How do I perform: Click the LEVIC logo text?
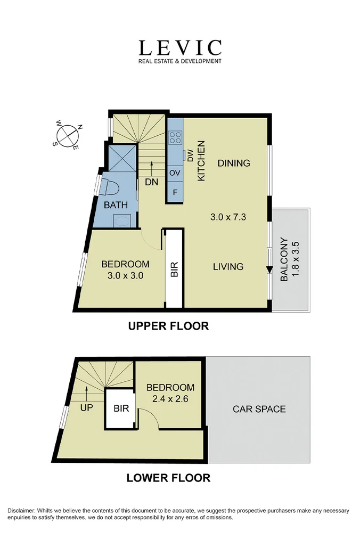pos(180,48)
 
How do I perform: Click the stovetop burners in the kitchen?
pos(175,137)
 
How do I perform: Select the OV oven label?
pos(175,173)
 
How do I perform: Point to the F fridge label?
pos(175,192)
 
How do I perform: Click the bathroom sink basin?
pos(122,220)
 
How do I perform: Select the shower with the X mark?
pos(122,158)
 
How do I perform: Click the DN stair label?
pos(152,182)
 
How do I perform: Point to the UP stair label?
pos(86,408)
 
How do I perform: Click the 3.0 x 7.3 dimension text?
pos(228,217)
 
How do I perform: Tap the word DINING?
pos(234,163)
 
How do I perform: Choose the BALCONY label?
pos(284,259)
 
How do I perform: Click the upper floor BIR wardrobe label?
pos(174,269)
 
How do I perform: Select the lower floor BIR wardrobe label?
pos(121,408)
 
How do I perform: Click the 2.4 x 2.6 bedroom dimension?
pos(170,399)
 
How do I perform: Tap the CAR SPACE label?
pos(259,409)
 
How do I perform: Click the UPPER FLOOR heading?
pos(168,326)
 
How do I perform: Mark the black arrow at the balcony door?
pos(269,270)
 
